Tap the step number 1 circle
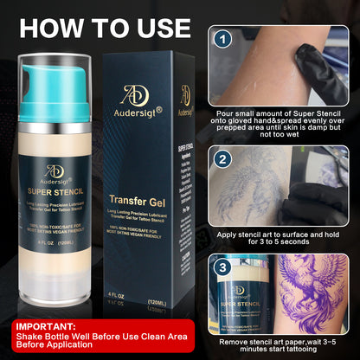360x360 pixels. pyautogui.click(x=223, y=40)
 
